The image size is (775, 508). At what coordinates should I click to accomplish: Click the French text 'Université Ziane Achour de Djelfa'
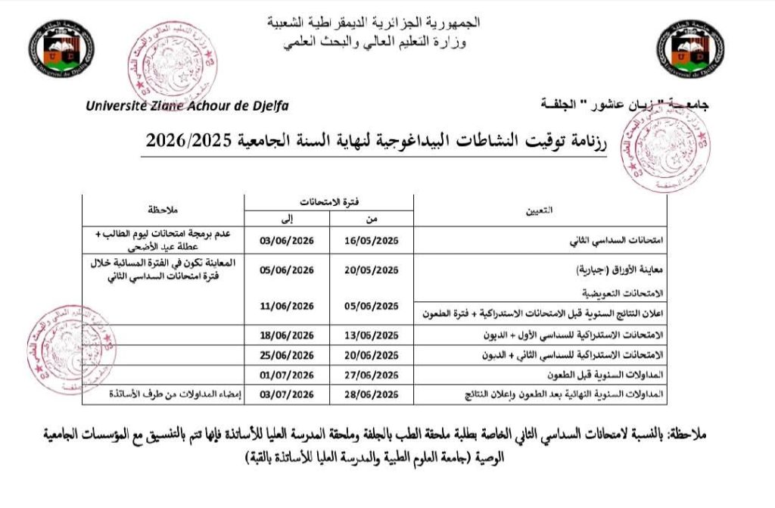coord(187,106)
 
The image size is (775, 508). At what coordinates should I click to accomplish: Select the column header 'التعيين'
coord(539,212)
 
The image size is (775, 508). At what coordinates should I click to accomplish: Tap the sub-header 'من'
coord(372,219)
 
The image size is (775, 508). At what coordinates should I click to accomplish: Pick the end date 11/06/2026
coord(286,306)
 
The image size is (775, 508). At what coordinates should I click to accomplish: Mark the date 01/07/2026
coord(286,374)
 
